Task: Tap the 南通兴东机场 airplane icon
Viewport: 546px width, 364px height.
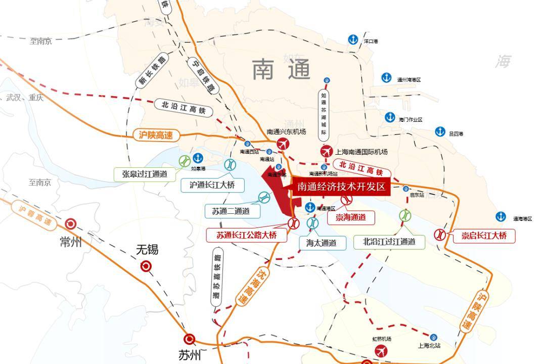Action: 282,144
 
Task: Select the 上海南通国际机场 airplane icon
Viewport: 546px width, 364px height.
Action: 327,152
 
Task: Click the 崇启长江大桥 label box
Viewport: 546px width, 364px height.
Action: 483,236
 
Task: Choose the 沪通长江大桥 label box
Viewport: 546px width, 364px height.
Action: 212,185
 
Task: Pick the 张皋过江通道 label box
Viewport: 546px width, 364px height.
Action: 145,174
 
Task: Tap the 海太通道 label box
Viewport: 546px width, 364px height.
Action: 322,243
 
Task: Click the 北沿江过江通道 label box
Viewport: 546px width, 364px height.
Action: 389,242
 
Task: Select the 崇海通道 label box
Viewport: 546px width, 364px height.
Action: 351,217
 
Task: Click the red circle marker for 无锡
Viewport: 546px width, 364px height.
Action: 146,266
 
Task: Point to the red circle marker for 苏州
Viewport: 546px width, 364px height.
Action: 189,339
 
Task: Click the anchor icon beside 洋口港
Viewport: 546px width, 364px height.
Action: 353,40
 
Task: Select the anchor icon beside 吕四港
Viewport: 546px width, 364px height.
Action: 440,132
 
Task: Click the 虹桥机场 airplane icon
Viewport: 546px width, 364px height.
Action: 381,351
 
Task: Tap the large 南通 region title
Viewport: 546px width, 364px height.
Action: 281,69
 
